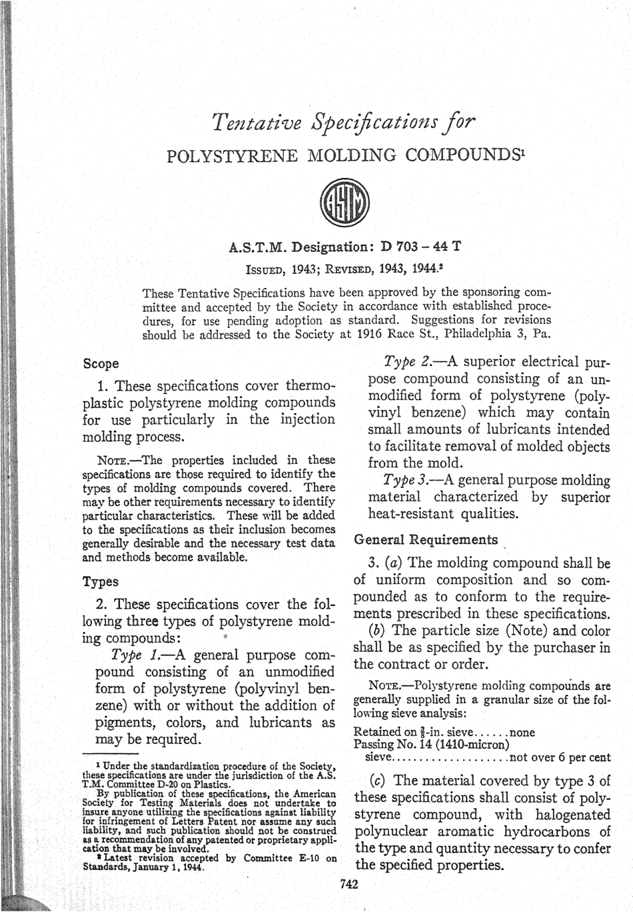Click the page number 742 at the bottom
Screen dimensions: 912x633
349,885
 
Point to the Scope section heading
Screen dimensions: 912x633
101,364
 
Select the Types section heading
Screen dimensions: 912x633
100,581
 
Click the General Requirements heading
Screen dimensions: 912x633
426,540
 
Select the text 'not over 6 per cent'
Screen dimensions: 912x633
560,757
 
